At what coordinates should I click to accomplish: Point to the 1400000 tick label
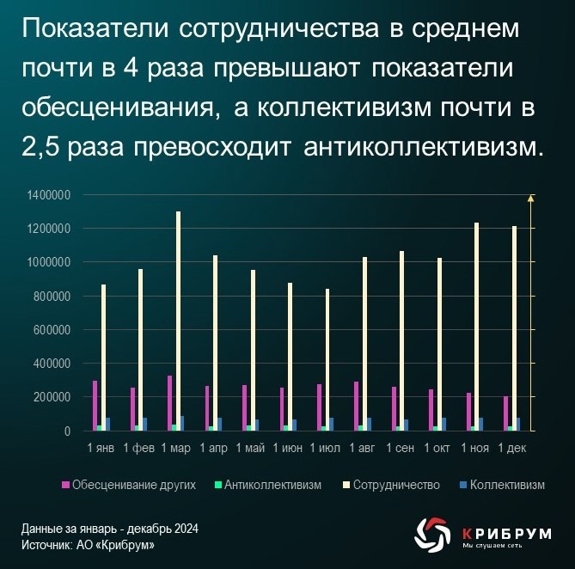coord(48,196)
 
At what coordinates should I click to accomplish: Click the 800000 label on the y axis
coord(52,297)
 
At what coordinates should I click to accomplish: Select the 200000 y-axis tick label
coord(52,397)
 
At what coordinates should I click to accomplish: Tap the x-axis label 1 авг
coord(363,448)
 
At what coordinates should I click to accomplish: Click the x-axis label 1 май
coord(250,448)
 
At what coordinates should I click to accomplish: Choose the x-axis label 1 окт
coord(437,448)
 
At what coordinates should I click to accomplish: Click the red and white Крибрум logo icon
coord(431,533)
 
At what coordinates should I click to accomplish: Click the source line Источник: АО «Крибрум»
coord(89,545)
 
